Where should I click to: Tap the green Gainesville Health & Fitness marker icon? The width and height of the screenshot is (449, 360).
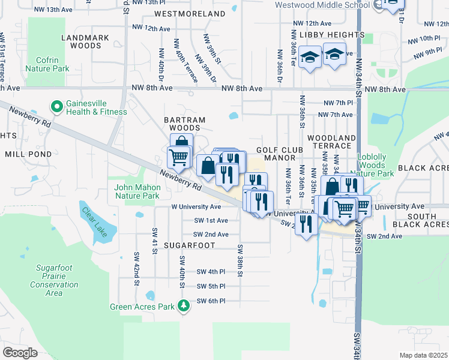[x=57, y=107]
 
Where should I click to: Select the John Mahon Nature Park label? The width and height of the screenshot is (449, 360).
[x=137, y=191]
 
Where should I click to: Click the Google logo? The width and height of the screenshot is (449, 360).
[x=20, y=352]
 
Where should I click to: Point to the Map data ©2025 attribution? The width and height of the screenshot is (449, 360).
[x=424, y=355]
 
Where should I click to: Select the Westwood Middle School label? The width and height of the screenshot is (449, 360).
[x=322, y=5]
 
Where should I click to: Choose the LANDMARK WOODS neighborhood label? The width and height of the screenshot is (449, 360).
[x=85, y=41]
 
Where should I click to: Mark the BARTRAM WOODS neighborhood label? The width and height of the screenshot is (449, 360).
[x=185, y=124]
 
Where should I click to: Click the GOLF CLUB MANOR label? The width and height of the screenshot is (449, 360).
[x=277, y=153]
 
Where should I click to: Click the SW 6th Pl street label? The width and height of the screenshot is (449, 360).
[x=211, y=301]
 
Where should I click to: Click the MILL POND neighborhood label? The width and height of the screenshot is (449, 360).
[x=28, y=154]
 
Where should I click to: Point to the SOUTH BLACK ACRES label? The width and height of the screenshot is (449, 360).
[x=423, y=220]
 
